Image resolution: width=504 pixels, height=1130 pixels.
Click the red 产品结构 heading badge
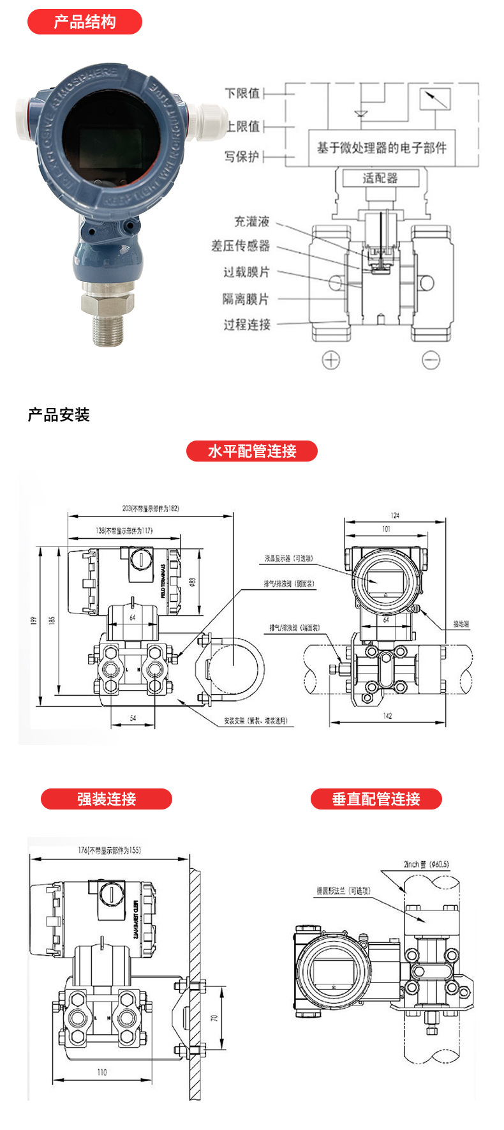pos(84,22)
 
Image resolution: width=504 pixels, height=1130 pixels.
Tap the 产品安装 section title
pos(59,415)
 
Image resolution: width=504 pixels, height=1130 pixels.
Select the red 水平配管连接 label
pos(251,451)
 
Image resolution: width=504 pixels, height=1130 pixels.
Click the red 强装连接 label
pos(106,799)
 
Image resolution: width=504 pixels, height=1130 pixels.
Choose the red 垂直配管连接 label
pos(376,799)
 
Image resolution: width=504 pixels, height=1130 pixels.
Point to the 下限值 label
pos(242,93)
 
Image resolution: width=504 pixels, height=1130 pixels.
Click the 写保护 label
pos(242,156)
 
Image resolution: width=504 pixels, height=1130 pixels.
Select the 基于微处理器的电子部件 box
pos(382,148)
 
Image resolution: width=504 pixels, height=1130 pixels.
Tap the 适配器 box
pos(380,178)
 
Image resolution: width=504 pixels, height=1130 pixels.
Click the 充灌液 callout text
pos(251,222)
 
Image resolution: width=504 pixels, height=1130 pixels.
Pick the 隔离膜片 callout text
pos(246,299)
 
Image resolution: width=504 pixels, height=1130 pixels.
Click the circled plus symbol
pos(330,360)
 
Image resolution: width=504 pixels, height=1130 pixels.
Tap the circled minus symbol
pos(431,360)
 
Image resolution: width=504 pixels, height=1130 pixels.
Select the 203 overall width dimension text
pos(151,509)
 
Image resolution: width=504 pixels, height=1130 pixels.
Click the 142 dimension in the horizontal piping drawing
pos(387,716)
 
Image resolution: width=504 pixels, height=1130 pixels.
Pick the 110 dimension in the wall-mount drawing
pos(102,1072)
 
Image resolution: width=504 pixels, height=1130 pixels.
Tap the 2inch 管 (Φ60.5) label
pos(426,864)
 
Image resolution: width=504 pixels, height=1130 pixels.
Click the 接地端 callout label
pos(461,624)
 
